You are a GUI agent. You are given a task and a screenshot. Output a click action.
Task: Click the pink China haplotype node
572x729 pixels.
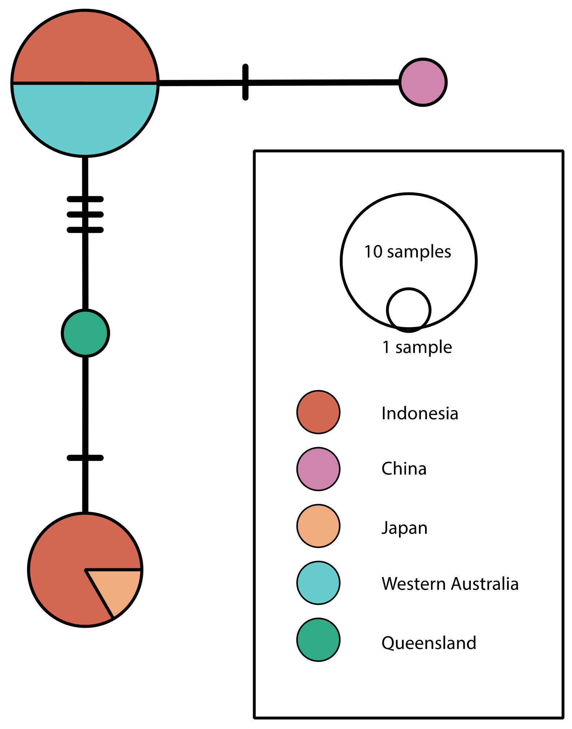point(423,82)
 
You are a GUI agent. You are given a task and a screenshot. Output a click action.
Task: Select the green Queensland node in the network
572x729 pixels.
point(85,333)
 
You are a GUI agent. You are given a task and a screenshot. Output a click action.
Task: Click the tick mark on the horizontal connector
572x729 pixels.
point(245,82)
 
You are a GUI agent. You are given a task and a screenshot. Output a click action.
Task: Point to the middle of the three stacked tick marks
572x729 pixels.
point(85,214)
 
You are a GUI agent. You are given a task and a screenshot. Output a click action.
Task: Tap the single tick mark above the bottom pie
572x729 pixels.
point(85,458)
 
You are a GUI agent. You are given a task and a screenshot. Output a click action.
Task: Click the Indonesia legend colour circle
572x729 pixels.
point(318,412)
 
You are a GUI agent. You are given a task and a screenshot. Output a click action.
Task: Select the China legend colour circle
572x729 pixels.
point(318,469)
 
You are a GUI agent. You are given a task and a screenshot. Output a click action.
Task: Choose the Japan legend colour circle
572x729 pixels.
point(318,526)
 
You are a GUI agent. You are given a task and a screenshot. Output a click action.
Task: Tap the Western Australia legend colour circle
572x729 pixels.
point(318,583)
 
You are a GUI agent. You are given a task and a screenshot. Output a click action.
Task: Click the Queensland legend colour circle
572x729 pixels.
point(318,640)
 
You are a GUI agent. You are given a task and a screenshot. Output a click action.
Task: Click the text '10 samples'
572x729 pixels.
point(408,252)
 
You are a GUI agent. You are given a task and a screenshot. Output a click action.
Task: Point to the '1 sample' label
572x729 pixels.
point(417,347)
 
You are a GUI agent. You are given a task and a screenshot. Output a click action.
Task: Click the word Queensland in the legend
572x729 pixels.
point(429,643)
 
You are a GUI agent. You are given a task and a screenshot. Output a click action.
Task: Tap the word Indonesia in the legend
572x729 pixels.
point(420,413)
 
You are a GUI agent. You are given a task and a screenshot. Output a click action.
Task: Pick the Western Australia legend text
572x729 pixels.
point(450,584)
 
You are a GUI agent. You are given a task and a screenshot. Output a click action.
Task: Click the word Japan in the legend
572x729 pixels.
point(404,528)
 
